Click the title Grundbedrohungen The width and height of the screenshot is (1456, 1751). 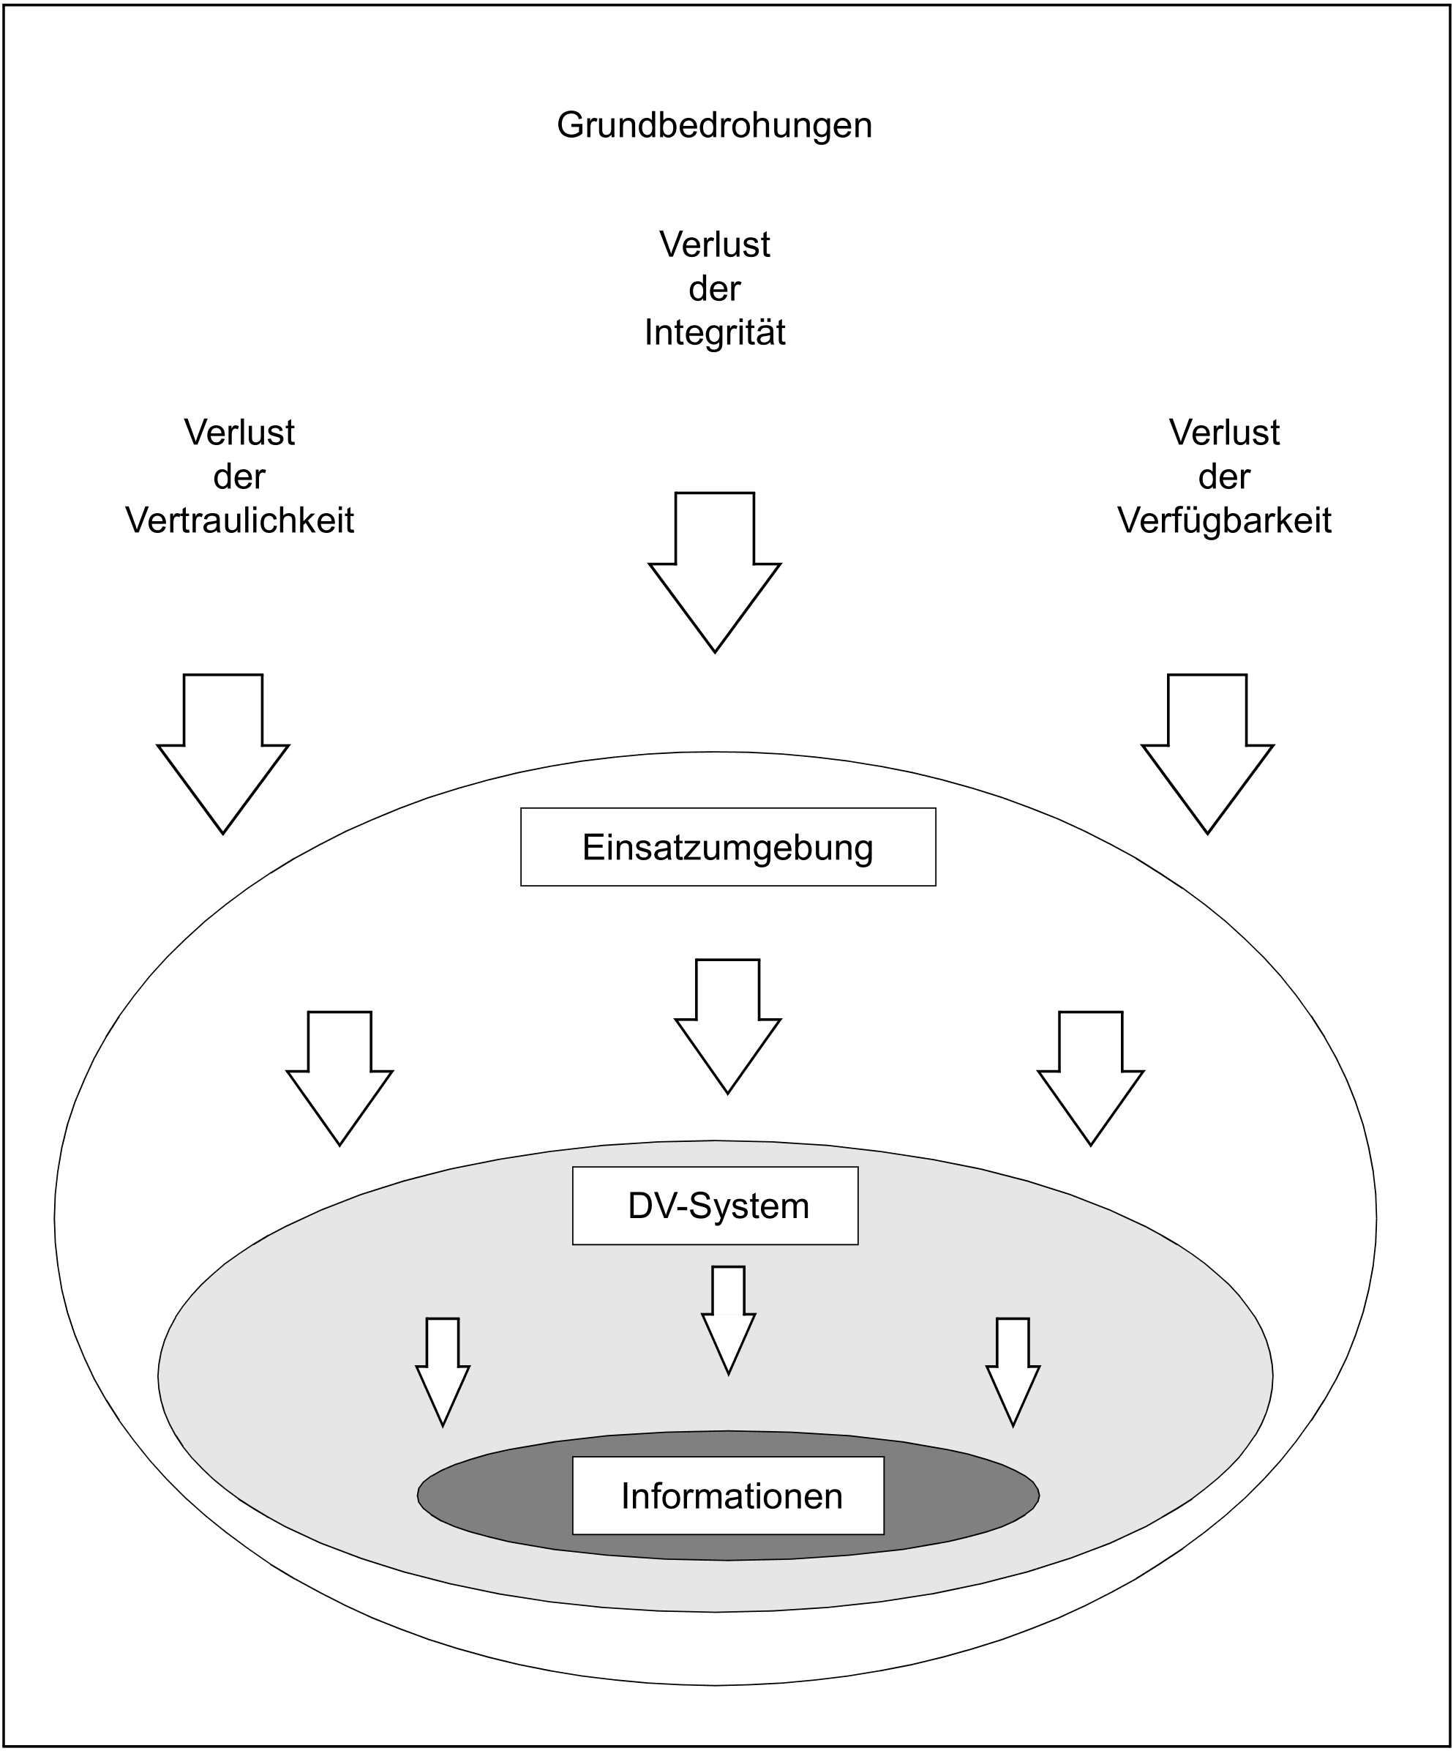(x=714, y=125)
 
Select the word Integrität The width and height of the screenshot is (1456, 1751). (x=714, y=332)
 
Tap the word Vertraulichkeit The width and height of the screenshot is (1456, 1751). (x=239, y=520)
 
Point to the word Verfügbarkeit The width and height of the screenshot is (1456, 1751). (x=1223, y=520)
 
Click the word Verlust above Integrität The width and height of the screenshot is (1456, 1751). (x=714, y=244)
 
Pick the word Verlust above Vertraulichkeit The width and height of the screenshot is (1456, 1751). (x=239, y=432)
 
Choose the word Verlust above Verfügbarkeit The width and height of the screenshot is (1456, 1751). (x=1223, y=432)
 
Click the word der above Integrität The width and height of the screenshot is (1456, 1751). (x=714, y=288)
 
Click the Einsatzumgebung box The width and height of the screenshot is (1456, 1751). (x=727, y=846)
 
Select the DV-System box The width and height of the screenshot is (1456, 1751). (x=714, y=1206)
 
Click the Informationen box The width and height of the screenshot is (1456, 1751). (x=727, y=1496)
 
